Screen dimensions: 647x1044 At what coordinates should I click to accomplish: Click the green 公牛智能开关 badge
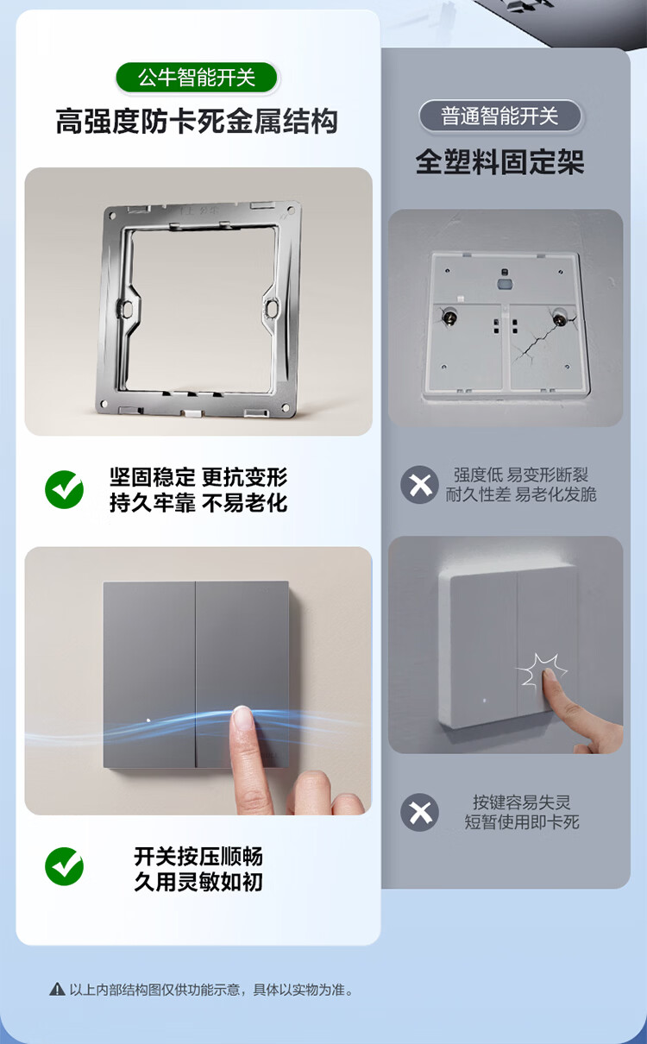tap(196, 78)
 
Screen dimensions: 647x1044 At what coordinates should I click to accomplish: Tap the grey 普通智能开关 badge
tap(500, 116)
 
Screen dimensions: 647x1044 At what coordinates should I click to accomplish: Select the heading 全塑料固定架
tap(499, 162)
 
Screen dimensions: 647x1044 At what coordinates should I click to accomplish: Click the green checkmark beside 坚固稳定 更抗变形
tap(65, 489)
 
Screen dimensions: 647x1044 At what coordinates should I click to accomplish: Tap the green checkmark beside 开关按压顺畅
tap(65, 866)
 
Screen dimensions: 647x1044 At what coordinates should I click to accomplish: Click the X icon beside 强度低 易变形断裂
tap(419, 485)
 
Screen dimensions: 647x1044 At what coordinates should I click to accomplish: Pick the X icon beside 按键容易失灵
tap(419, 813)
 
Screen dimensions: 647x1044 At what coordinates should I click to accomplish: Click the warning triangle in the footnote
tap(57, 989)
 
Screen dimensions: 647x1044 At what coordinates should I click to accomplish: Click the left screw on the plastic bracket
tap(449, 318)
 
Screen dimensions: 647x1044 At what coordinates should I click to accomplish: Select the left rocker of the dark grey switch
tap(149, 675)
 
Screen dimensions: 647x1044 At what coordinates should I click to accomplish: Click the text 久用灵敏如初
tap(198, 882)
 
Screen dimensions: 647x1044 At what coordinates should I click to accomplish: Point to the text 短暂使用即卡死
tap(522, 821)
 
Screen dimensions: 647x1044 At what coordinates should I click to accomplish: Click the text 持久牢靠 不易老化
tap(198, 502)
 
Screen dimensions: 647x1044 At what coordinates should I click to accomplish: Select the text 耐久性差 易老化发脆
tap(521, 494)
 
